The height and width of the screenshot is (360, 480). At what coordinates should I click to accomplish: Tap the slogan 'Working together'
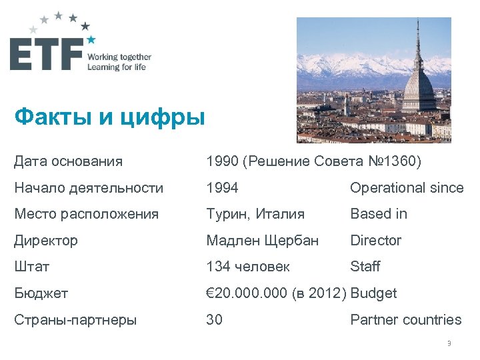[x=119, y=57]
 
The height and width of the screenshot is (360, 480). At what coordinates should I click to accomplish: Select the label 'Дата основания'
[x=69, y=161]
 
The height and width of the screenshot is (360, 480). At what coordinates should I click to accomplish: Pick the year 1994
[x=222, y=188]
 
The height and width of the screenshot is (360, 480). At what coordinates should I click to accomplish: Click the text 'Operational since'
[x=407, y=188]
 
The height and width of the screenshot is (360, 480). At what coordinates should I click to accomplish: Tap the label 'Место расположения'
[x=87, y=214]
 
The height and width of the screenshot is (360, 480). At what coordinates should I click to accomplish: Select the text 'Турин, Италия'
[x=255, y=214]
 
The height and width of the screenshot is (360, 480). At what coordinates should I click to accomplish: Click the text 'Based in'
[x=379, y=214]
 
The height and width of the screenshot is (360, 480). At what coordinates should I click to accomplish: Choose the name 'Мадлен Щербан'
[x=263, y=240]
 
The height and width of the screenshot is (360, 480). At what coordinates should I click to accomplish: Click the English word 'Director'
[x=376, y=240]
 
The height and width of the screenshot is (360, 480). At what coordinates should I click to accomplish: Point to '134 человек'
[x=248, y=267]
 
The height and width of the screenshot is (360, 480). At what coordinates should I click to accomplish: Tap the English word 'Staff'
[x=365, y=267]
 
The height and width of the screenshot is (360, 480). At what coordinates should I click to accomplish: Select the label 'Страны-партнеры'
[x=75, y=319]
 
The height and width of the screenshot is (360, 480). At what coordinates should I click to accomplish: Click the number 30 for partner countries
[x=215, y=319]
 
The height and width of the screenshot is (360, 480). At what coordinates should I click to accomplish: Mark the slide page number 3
[x=449, y=343]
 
